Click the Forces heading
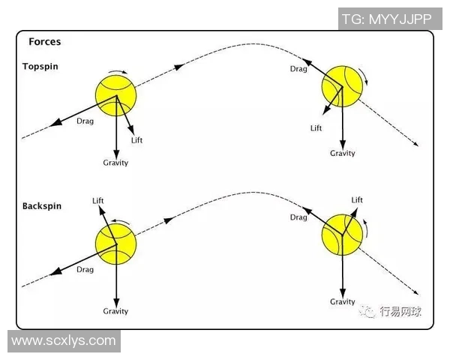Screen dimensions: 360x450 44,42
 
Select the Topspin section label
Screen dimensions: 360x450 40,66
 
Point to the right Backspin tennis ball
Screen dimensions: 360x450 342,233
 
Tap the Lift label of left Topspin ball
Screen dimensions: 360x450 136,141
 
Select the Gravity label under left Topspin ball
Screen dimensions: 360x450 115,163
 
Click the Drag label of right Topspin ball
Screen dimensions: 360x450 299,69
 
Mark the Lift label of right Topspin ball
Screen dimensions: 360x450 316,128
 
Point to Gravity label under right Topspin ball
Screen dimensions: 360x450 343,153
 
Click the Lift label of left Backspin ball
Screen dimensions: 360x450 97,200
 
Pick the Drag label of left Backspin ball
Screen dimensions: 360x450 85,270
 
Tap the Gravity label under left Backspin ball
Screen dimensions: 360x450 115,311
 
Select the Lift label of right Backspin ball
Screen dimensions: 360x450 357,200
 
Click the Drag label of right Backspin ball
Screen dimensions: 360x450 299,217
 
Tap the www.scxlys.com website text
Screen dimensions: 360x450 64,340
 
